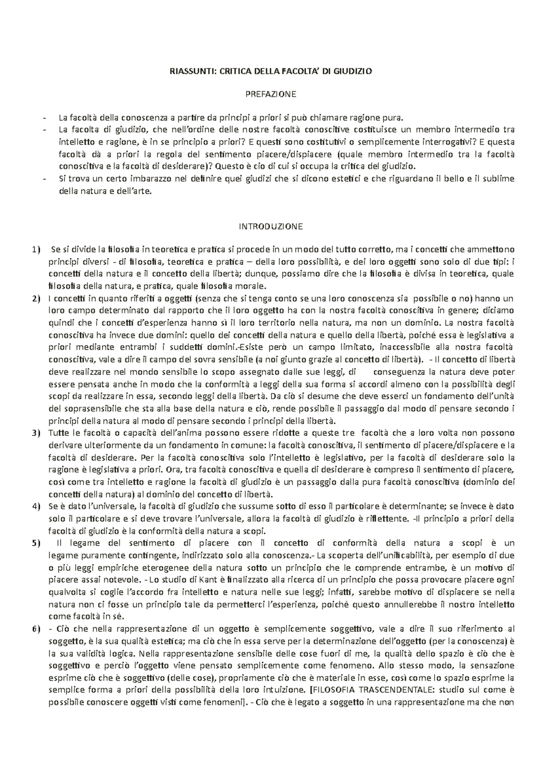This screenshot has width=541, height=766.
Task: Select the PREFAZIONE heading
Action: (270, 94)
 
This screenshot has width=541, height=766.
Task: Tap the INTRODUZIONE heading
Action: (270, 226)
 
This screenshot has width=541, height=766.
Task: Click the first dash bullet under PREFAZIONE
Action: (44, 118)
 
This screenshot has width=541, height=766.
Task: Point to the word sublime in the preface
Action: (500, 179)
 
